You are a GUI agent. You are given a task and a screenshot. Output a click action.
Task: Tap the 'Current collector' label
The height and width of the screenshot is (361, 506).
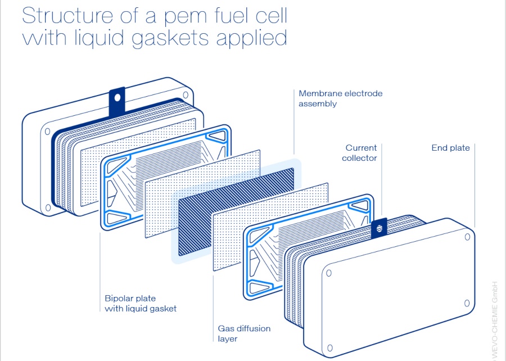click(361, 153)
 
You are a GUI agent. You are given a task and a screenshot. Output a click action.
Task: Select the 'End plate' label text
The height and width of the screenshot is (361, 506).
click(450, 148)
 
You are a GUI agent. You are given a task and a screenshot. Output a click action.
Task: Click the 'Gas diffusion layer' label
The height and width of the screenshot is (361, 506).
click(244, 333)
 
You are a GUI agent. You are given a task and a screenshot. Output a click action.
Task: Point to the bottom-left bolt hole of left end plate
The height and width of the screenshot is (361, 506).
click(48, 207)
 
